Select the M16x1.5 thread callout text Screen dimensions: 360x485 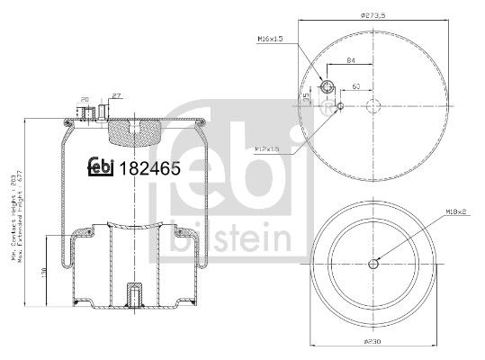coord(271,40)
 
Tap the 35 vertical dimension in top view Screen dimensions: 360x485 coord(306,95)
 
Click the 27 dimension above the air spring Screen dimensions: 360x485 coord(114,94)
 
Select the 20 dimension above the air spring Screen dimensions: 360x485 coord(84,99)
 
